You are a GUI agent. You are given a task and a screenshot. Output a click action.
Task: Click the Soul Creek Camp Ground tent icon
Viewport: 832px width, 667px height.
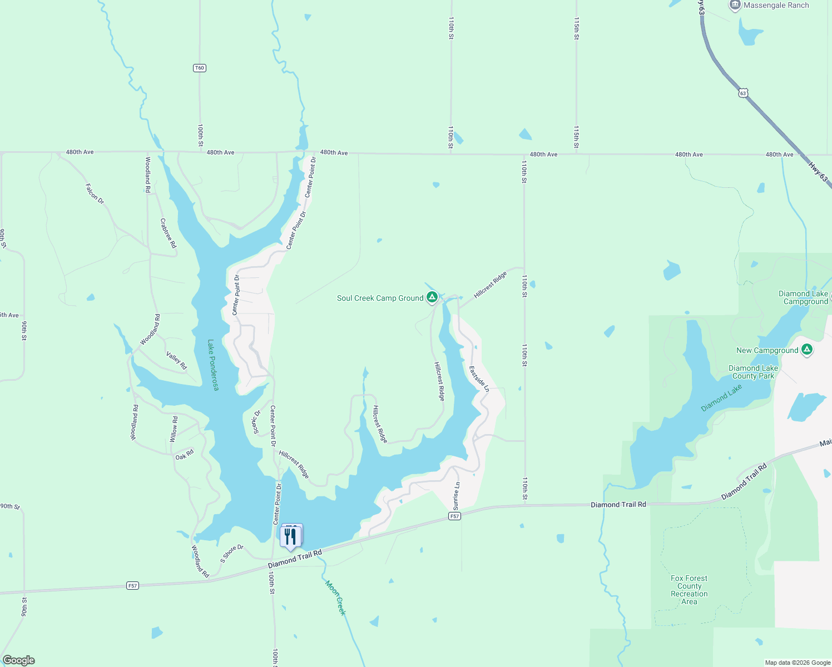coord(432,298)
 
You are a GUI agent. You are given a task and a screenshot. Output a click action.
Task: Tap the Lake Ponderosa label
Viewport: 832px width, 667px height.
coord(212,365)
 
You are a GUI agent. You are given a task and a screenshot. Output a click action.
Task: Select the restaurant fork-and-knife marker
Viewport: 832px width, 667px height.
coord(290,536)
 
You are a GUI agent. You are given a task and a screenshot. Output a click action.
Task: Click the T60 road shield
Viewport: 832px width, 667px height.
coord(200,68)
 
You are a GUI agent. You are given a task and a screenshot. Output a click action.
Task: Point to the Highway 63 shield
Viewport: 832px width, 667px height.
coord(743,93)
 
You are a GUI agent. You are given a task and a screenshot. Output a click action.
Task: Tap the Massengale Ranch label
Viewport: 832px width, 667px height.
coord(776,6)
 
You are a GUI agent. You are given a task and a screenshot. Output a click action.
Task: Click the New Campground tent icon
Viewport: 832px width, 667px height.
coord(807,350)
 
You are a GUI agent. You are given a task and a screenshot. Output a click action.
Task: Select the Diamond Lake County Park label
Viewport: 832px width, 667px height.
coord(753,372)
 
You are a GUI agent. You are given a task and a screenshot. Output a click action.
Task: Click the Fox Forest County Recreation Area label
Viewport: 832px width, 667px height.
coord(689,590)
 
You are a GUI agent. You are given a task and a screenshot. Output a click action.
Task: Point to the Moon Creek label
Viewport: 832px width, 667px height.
coord(336,598)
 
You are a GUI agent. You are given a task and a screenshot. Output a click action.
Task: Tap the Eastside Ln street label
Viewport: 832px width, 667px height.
coord(479,379)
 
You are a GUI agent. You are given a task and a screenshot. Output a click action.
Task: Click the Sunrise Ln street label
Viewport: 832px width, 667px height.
coord(457,496)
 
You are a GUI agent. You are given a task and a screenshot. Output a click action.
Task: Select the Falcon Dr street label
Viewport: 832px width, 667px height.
coord(95,193)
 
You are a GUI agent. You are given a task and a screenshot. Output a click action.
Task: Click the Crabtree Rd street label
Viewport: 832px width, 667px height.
coord(168,233)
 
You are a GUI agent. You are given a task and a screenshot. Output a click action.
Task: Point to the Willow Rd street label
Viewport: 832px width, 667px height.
coord(174,429)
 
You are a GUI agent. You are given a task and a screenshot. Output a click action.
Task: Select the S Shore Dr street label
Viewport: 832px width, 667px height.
coord(232,553)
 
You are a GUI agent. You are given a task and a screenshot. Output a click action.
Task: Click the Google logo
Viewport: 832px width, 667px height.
coord(19,660)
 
